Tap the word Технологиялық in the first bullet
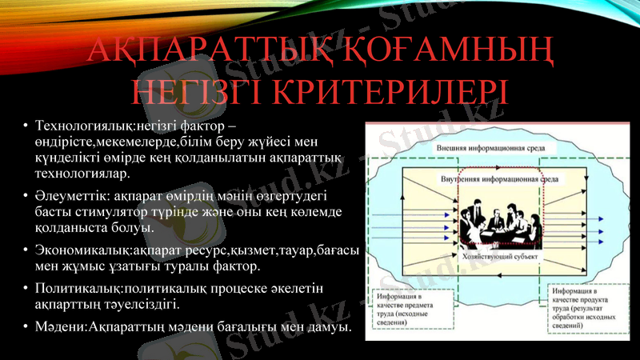tap(76, 126)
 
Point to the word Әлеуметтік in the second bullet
tap(69, 194)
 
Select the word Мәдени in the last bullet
tap(55, 328)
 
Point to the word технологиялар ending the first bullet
tap(82, 172)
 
